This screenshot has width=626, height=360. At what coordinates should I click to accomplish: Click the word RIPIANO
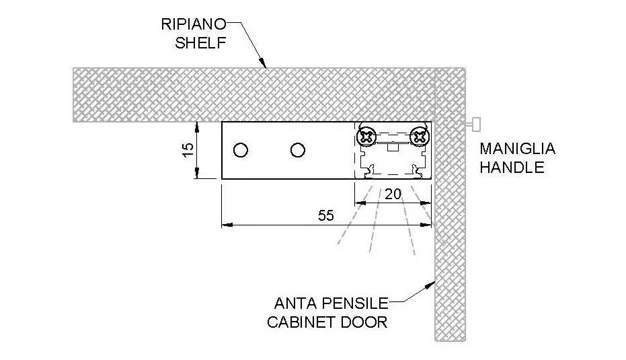(x=194, y=24)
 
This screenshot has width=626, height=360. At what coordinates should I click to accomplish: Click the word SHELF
(x=200, y=43)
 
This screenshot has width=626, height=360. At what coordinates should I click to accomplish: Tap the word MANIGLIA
(x=518, y=149)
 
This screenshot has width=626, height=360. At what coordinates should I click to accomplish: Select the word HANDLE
(x=512, y=167)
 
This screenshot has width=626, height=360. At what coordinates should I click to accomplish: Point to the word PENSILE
(x=354, y=303)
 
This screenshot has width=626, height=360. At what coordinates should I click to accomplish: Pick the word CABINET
(x=301, y=322)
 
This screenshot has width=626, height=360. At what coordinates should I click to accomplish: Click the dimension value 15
(x=188, y=150)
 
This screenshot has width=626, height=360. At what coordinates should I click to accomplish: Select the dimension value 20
(x=393, y=194)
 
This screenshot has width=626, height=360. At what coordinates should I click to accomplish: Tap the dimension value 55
(x=325, y=216)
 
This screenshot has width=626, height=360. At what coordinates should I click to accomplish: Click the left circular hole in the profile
(x=240, y=151)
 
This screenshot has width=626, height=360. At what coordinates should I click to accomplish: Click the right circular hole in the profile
(x=298, y=151)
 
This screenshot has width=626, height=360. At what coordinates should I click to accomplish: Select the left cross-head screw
(x=366, y=137)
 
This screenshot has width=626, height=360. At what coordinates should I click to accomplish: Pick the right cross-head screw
(x=419, y=137)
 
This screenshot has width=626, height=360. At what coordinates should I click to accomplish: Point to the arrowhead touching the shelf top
(x=263, y=63)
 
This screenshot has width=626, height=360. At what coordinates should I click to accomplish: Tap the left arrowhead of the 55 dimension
(x=227, y=225)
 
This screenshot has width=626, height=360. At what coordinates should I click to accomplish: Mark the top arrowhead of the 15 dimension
(x=197, y=127)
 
